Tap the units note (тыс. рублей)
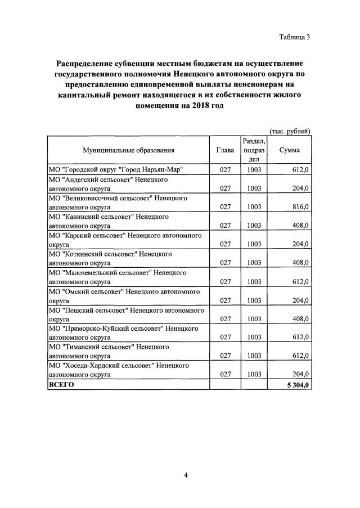coord(290,131)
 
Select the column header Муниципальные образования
coord(128,150)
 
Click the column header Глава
coord(226,150)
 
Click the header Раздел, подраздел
coord(254,150)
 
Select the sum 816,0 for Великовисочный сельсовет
coord(299,207)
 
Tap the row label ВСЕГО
coord(62,385)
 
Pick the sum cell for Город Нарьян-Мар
coord(299,169)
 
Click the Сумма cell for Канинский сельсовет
coord(299,226)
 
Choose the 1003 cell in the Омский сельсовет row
coord(254,300)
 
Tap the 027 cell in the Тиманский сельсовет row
coord(226,356)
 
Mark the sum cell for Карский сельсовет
coord(299,244)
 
